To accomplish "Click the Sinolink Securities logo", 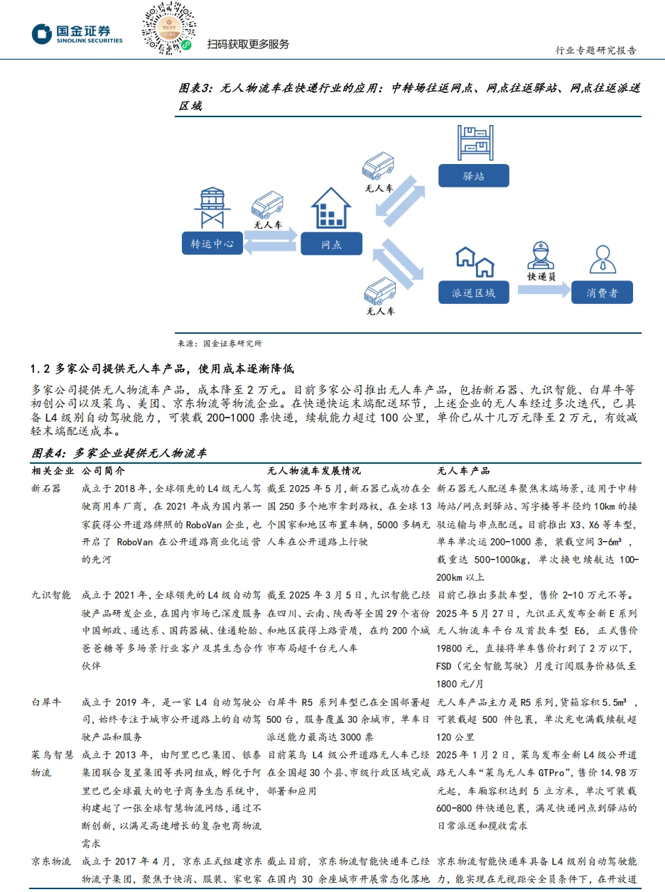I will click(x=77, y=33).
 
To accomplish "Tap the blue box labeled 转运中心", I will click(x=212, y=244).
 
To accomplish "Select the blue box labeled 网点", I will click(x=331, y=244).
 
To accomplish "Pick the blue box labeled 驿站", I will click(x=473, y=175).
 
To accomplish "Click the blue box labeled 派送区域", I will click(x=473, y=292).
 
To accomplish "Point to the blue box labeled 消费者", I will click(x=602, y=292).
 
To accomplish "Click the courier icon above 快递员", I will click(x=541, y=256).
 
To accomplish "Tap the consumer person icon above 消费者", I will click(x=602, y=259).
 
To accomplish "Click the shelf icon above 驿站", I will click(x=475, y=142).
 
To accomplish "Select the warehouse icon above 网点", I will click(x=332, y=207).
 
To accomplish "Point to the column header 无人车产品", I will click(x=463, y=471).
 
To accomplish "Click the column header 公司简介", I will click(x=103, y=471).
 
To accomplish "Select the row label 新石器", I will click(x=46, y=489).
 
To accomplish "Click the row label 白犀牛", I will click(x=46, y=701).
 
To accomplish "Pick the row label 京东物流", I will click(x=51, y=861).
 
